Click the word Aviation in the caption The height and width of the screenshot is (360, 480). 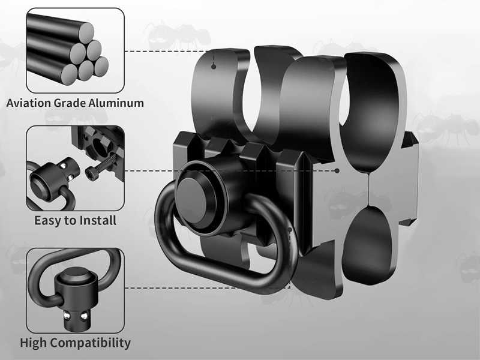click(28, 103)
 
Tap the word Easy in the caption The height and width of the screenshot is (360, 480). click(47, 220)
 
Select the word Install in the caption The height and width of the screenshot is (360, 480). click(98, 220)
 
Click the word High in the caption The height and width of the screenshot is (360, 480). click(34, 343)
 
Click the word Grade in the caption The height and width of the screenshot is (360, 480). click(69, 103)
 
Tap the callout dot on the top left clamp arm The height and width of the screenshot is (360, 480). click(214, 67)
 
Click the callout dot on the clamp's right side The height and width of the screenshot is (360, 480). click(338, 170)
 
